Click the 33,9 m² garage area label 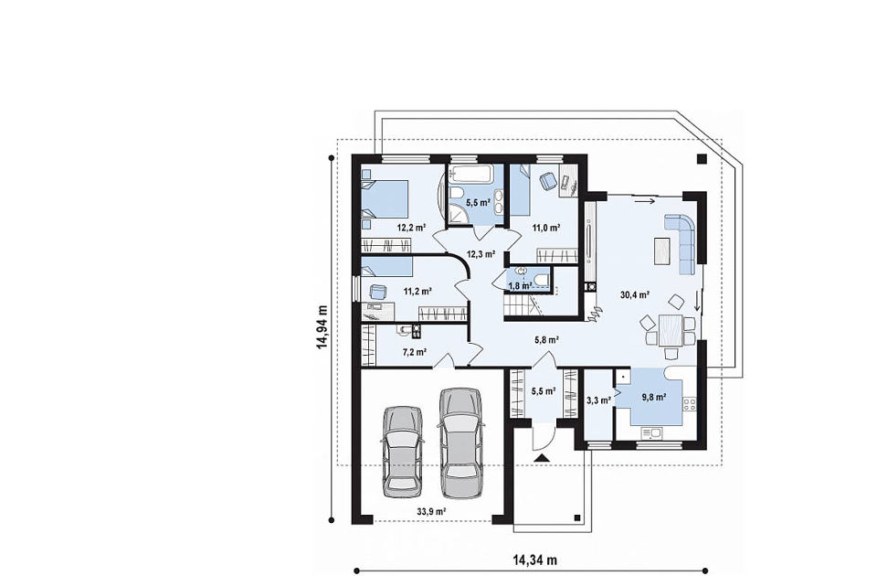[x=431, y=511]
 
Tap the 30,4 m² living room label [x=635, y=294]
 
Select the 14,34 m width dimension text [x=534, y=560]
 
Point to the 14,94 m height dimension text [x=322, y=326]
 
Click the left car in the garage [x=402, y=451]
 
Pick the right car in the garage [x=461, y=443]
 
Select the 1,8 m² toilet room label [x=520, y=286]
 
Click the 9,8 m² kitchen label [x=654, y=398]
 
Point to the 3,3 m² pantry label [x=597, y=400]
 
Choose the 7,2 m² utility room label [x=415, y=352]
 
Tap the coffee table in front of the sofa [x=662, y=251]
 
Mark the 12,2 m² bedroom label [x=412, y=228]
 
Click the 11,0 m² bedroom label [x=546, y=228]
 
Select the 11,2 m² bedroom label [x=417, y=291]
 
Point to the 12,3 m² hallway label [x=481, y=253]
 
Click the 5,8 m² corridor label [x=547, y=338]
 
